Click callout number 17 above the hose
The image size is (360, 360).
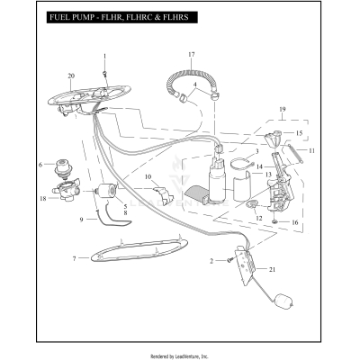pyautogui.click(x=190, y=56)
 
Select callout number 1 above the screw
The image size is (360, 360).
pyautogui.click(x=104, y=57)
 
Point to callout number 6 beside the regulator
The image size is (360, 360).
pyautogui.click(x=40, y=164)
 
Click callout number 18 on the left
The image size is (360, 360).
pyautogui.click(x=42, y=198)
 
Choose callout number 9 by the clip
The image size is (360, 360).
pyautogui.click(x=81, y=219)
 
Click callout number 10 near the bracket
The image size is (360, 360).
pyautogui.click(x=148, y=178)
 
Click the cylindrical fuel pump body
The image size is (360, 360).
pyautogui.click(x=219, y=184)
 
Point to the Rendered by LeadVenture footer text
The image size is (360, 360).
pyautogui.click(x=180, y=355)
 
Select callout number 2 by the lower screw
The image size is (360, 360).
pyautogui.click(x=212, y=260)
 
